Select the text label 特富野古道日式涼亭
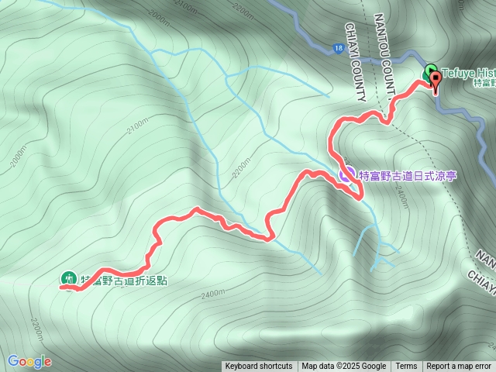click(x=407, y=177)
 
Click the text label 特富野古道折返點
click(x=124, y=280)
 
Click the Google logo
click(x=29, y=361)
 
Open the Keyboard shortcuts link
click(x=259, y=367)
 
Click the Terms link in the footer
click(x=406, y=367)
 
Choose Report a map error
click(x=459, y=367)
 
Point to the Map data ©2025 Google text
click(x=344, y=367)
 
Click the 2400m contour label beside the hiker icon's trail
click(x=212, y=295)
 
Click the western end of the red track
click(x=62, y=287)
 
